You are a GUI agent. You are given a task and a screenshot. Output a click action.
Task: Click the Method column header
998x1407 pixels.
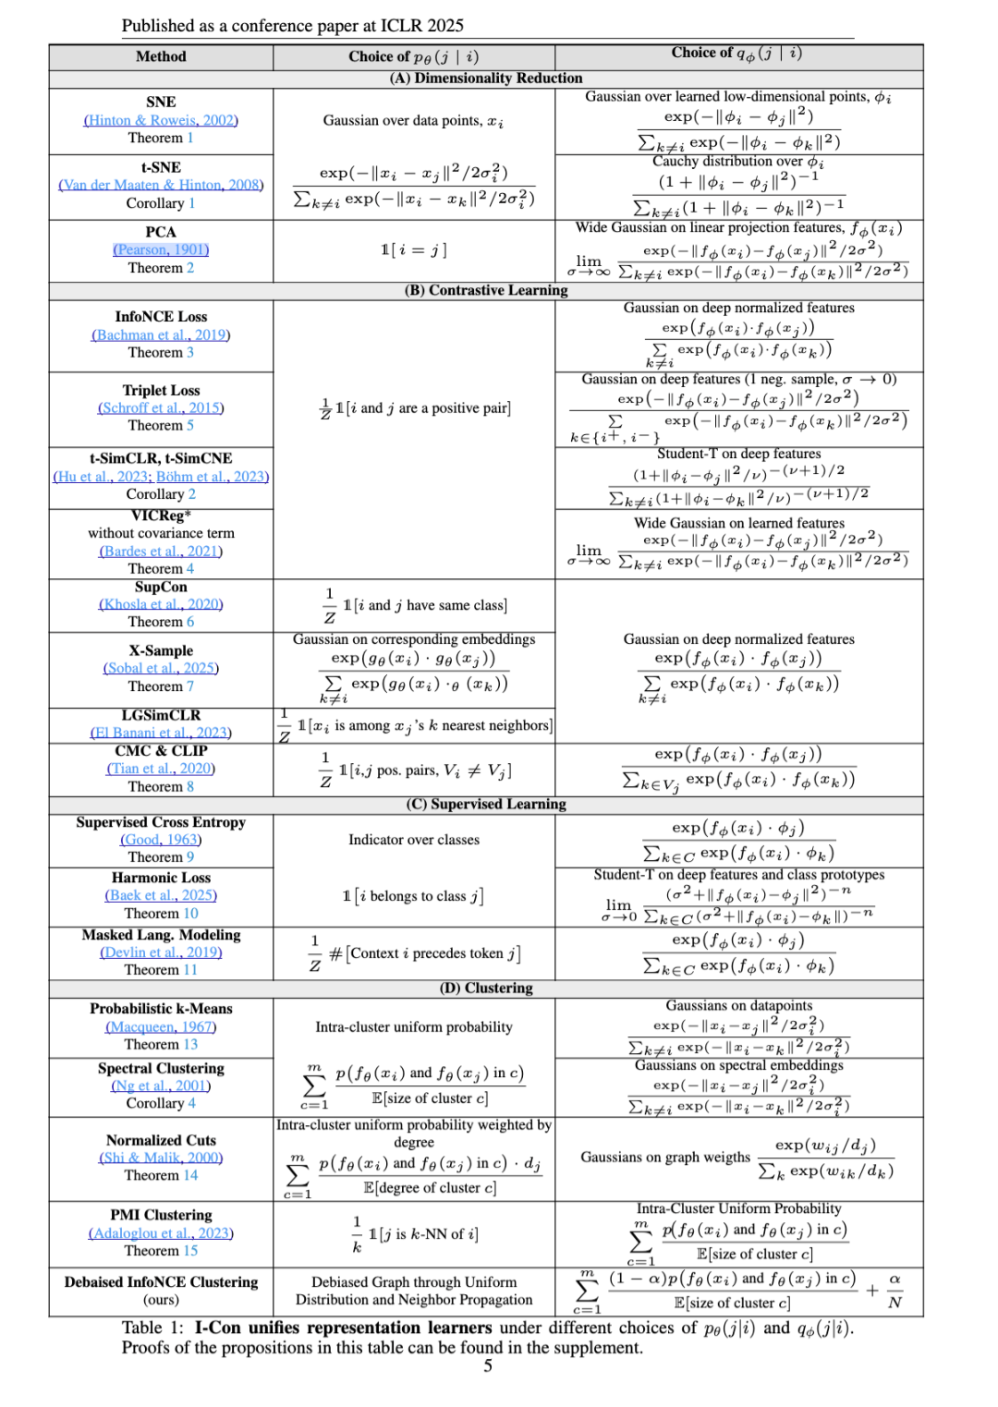pos(161,56)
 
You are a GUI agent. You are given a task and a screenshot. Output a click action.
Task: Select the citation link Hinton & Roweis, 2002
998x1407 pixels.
pos(161,120)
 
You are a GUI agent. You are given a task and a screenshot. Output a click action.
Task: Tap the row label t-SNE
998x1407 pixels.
pos(161,167)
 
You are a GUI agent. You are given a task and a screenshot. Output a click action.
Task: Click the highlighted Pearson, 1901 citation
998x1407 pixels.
pos(161,249)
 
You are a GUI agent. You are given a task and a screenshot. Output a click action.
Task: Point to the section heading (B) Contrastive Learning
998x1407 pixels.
pos(486,290)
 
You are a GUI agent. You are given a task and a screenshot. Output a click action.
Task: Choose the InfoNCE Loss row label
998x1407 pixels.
pos(161,317)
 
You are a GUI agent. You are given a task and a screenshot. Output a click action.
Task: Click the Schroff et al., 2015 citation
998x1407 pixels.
pos(161,407)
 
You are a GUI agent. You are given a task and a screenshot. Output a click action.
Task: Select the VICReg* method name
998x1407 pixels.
pos(161,515)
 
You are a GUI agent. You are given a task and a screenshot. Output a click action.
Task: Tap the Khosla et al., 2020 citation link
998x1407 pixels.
pos(161,604)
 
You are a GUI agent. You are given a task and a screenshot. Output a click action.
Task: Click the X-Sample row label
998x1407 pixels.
pos(161,650)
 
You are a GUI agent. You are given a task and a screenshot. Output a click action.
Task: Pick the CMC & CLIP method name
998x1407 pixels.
pos(161,750)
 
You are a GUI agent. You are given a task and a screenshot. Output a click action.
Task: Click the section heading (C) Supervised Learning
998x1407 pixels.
pos(486,804)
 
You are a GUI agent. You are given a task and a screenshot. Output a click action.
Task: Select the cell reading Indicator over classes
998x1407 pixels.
pos(414,840)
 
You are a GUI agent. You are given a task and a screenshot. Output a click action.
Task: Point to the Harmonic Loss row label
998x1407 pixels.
pos(161,878)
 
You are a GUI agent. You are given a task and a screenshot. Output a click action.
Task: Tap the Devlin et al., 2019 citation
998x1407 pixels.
pos(161,952)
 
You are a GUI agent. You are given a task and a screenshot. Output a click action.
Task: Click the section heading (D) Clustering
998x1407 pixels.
pos(486,988)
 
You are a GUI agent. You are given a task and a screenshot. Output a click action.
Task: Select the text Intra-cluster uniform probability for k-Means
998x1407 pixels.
pos(414,1026)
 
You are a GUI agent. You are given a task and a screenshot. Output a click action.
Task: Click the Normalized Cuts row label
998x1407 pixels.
pos(161,1140)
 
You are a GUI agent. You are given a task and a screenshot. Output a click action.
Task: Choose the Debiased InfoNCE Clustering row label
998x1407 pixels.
pos(161,1282)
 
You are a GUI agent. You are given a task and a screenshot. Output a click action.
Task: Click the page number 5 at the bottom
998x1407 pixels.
pos(488,1366)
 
